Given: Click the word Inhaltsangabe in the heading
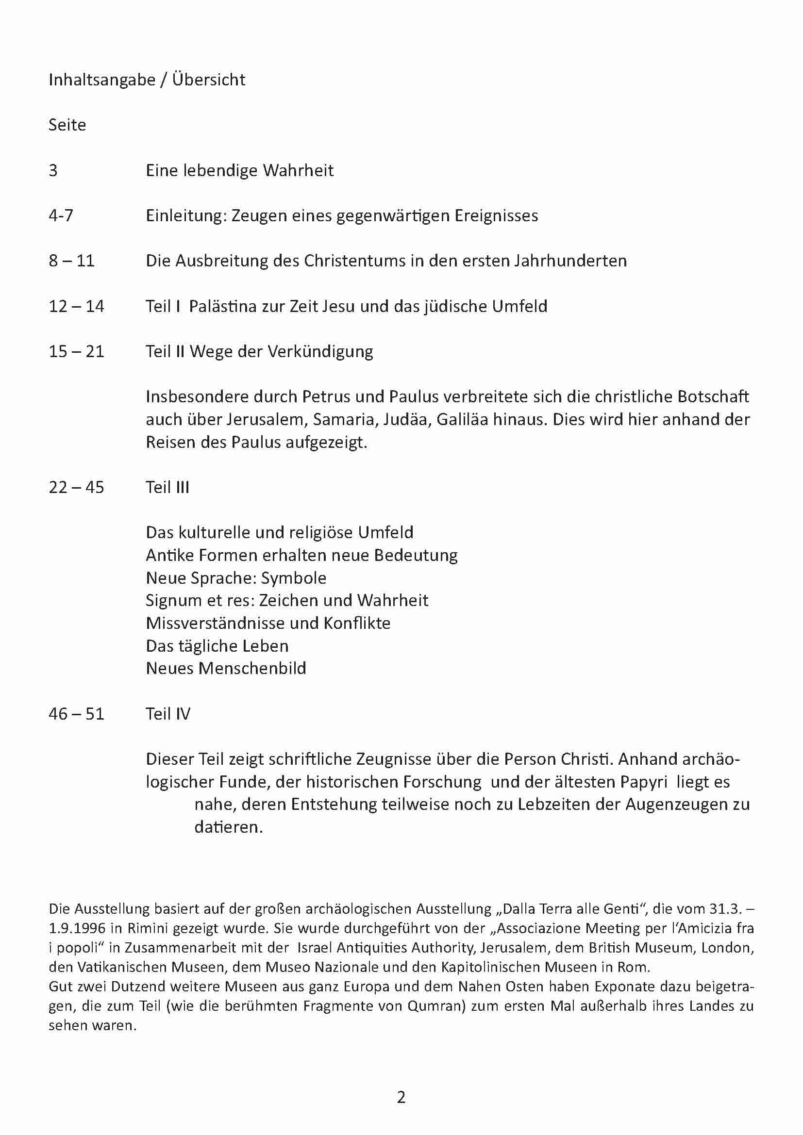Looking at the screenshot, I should tap(102, 80).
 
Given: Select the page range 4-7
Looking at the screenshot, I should tap(61, 215).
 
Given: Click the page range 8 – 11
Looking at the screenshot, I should tap(72, 261).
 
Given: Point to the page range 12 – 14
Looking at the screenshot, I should tap(77, 306).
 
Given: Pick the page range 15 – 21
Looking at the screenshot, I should tap(77, 351).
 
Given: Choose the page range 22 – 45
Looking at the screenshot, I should tap(77, 487).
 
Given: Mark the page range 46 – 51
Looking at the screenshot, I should tap(77, 713).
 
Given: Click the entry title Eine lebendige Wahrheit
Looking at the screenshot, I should tap(239, 170).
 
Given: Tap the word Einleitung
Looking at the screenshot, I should tap(185, 215).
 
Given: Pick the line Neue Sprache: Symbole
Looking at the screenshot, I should tap(236, 578).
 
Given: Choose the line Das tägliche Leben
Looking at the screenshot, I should tap(217, 645).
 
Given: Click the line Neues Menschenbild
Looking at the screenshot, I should tap(226, 668).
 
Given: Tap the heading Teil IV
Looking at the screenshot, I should tap(167, 713).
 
